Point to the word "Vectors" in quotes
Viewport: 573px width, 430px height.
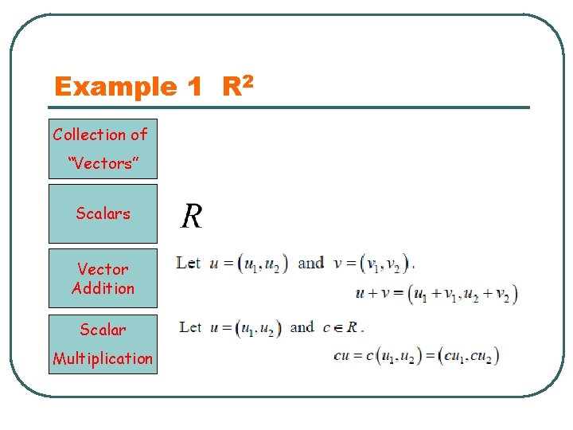[x=103, y=163]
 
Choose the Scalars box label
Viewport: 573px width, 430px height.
[x=103, y=213]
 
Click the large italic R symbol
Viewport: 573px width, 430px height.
[x=192, y=215]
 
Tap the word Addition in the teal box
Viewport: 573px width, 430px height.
[x=103, y=288]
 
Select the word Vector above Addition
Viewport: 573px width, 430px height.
[x=103, y=269]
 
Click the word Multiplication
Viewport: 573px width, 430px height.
[x=103, y=358]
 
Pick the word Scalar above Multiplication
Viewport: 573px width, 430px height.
[x=103, y=329]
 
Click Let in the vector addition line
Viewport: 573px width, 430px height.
[x=189, y=263]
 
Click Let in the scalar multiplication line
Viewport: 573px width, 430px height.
[x=191, y=326]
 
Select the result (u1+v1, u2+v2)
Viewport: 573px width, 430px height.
[x=462, y=294]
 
